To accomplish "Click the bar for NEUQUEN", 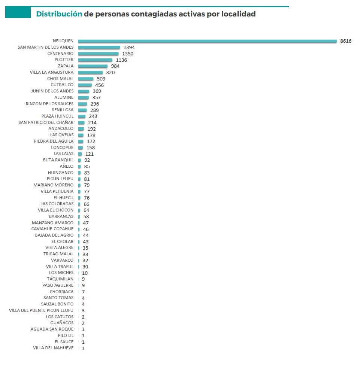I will coord(207,41).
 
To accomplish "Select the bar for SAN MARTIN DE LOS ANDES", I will coord(99,48).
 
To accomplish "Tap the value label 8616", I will coord(345,41).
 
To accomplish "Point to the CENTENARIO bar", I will coord(98,54).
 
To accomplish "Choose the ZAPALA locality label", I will coord(66,66).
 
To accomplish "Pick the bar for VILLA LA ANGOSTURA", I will coord(90,73).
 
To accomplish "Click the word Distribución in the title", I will coord(59,14).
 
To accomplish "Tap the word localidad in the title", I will coord(238,14).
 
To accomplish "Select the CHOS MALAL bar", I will coord(85,79).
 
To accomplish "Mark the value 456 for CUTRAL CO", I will coord(99,85).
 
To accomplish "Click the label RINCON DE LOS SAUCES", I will coord(49,104).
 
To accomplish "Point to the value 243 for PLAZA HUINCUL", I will coord(93,116).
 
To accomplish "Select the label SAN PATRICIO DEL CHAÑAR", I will coord(46,122).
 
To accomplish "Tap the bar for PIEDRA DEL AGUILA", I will coord(81,142).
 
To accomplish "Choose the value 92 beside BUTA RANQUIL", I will coord(87,160).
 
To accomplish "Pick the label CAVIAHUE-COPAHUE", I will coord(52,229).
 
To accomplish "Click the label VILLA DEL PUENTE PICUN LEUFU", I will coord(41,310).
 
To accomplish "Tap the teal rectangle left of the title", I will coord(18,13).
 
